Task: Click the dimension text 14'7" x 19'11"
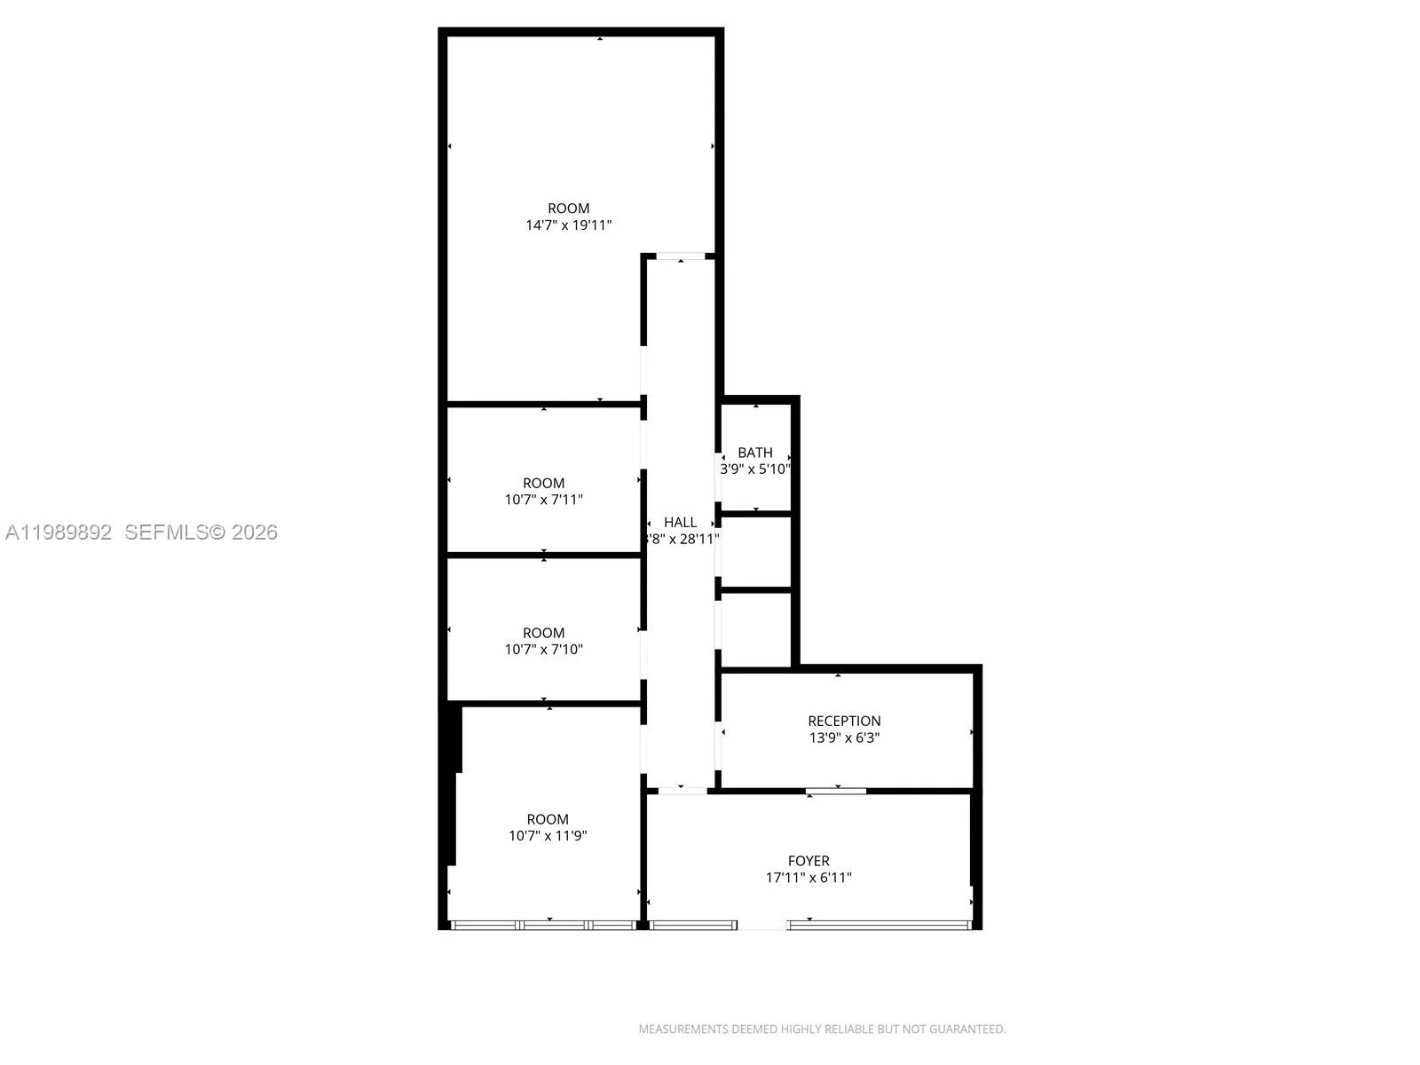pyautogui.click(x=568, y=225)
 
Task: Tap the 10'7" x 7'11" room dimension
pyautogui.click(x=543, y=500)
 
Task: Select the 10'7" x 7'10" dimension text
pyautogui.click(x=543, y=650)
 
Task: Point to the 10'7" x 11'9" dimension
pyautogui.click(x=548, y=836)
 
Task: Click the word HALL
pyautogui.click(x=680, y=523)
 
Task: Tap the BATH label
pyautogui.click(x=754, y=453)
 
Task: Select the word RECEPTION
pyautogui.click(x=844, y=721)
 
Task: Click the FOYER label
pyautogui.click(x=809, y=861)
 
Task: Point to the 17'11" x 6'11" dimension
pyautogui.click(x=809, y=878)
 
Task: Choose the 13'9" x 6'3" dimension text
pyautogui.click(x=844, y=738)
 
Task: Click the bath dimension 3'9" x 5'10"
pyautogui.click(x=754, y=469)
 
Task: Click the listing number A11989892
pyautogui.click(x=59, y=532)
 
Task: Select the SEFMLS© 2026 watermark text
pyautogui.click(x=201, y=532)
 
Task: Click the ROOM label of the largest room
pyautogui.click(x=568, y=209)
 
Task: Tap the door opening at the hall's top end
pyautogui.click(x=681, y=256)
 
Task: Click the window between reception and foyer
pyautogui.click(x=836, y=790)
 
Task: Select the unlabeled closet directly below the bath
pyautogui.click(x=755, y=552)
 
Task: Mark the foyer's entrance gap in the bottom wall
pyautogui.click(x=761, y=926)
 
